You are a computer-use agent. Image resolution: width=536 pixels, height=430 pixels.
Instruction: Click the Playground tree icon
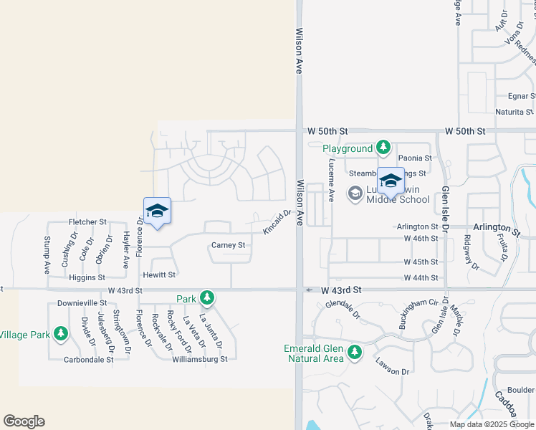[383, 148]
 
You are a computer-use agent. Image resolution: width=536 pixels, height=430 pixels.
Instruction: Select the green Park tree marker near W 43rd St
[207, 297]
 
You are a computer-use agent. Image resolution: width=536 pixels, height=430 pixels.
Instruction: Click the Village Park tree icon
[61, 334]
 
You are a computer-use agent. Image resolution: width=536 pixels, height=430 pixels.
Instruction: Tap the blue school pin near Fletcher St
[157, 211]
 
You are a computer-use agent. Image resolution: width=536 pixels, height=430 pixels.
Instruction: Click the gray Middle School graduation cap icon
[355, 193]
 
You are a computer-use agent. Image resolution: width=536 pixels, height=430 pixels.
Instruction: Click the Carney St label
[229, 245]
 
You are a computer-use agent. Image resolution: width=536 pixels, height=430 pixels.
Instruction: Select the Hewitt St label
[158, 274]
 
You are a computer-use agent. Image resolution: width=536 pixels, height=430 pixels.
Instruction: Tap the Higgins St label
[87, 277]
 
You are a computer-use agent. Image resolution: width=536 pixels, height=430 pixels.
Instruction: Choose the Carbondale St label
[89, 360]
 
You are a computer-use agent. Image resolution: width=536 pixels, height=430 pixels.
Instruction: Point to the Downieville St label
[82, 303]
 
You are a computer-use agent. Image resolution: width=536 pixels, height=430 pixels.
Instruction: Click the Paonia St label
[415, 158]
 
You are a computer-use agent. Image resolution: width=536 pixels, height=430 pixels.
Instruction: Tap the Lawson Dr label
[392, 371]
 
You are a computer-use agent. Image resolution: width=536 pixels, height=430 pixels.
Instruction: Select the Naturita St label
[515, 112]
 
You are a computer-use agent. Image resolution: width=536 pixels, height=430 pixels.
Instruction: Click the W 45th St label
[421, 262]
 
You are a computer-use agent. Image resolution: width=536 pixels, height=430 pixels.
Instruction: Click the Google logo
[24, 421]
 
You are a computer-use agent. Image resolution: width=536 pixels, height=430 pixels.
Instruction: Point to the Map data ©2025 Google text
[492, 424]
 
